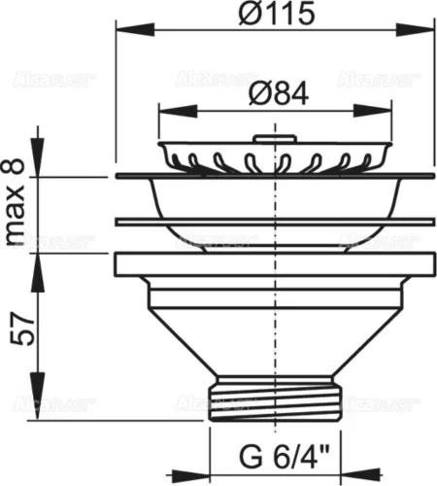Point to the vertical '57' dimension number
(17, 336)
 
